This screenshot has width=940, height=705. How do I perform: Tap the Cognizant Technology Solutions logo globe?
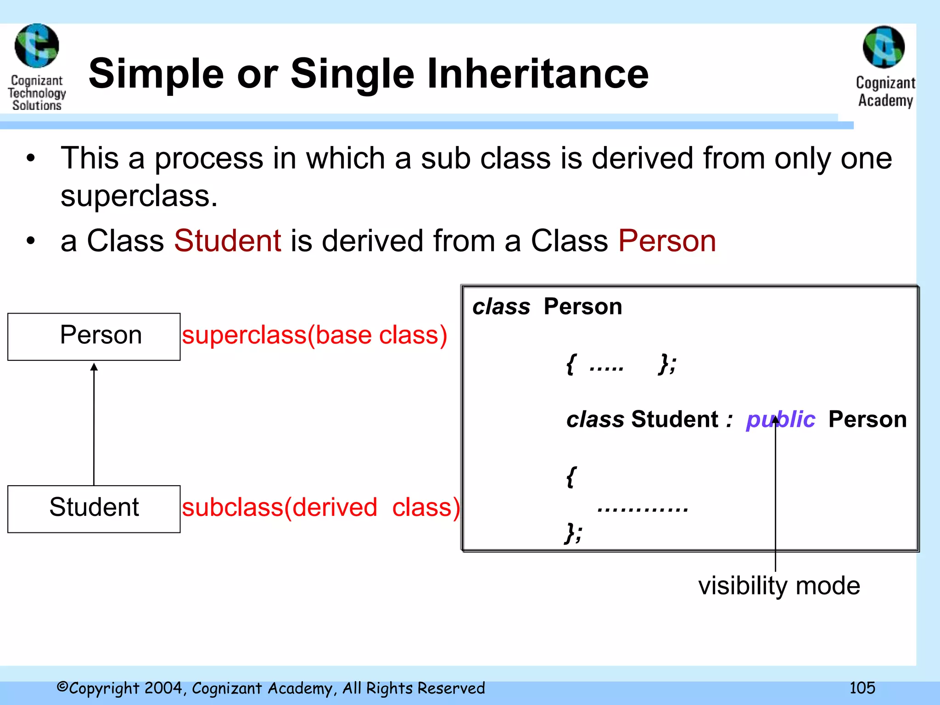coord(37,45)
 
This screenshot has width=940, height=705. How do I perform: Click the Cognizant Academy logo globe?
coord(884,47)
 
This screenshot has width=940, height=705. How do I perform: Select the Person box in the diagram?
coord(94,336)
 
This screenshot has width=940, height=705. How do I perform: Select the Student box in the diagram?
coord(94,509)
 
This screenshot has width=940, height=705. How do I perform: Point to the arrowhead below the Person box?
coord(94,367)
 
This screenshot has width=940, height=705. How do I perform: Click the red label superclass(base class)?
coord(314,335)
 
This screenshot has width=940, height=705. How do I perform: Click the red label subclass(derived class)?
coord(321,508)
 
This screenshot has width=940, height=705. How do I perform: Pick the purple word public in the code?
coord(780,420)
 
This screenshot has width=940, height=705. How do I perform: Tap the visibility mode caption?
coord(779,586)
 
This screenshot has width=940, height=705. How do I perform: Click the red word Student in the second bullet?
coord(228,241)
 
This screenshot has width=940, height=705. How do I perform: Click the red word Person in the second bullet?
coord(667,241)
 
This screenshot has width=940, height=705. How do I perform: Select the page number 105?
coord(862,688)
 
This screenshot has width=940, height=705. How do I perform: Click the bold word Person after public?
coord(867,420)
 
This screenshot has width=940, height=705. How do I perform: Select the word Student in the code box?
coord(674,420)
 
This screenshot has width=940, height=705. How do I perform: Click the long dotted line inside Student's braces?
coord(643,509)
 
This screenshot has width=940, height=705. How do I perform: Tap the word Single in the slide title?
coord(352,74)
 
